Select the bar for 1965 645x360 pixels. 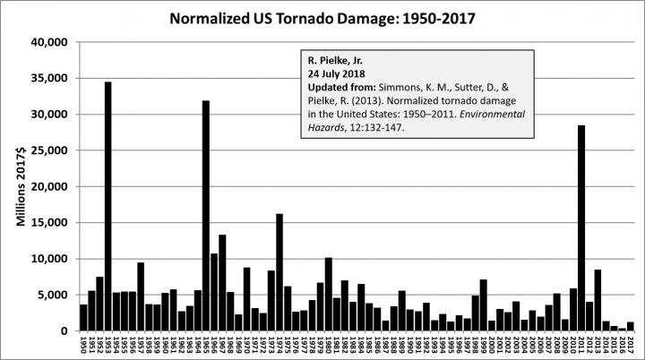[x=206, y=215]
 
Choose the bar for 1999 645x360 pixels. [x=484, y=305]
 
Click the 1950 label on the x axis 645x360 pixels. [x=83, y=346]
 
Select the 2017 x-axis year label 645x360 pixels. [x=631, y=346]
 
